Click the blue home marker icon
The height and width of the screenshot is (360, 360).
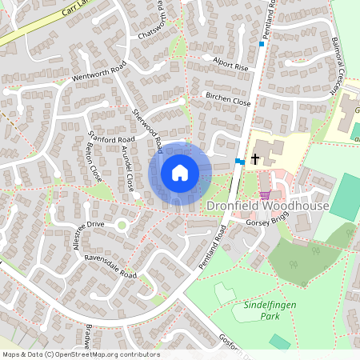pos(180,173)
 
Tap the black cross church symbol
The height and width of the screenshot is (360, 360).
pos(255,158)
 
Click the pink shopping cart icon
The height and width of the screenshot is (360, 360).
pos(265,194)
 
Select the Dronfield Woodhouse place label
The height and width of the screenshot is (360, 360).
pos(267,206)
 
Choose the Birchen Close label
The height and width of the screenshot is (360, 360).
pos(228,103)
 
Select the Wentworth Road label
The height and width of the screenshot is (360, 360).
pos(100,71)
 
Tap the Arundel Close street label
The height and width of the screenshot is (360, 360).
pos(126,168)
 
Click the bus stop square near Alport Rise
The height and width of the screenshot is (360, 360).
pos(262,44)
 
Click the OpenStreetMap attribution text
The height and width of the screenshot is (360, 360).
pos(81,354)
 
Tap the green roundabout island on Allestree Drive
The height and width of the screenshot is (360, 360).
pos(122,226)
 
